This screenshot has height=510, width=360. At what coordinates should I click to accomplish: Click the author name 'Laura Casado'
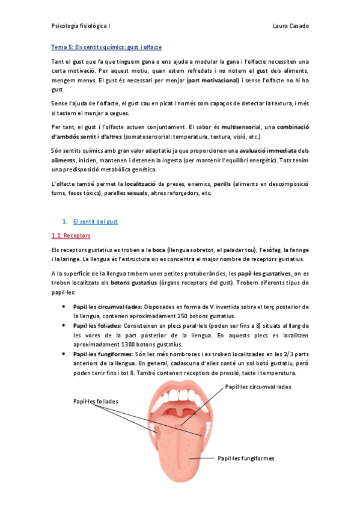[290, 27]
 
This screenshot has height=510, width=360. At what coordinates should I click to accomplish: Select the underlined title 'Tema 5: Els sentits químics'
[89, 47]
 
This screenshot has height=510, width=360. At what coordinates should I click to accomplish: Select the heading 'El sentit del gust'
[95, 221]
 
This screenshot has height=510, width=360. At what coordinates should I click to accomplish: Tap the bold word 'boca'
[159, 250]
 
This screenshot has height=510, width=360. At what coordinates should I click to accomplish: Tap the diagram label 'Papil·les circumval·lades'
[257, 387]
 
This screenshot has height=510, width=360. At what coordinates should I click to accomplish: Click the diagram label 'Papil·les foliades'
[96, 401]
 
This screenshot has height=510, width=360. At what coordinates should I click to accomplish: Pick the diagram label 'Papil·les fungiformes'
[246, 458]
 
